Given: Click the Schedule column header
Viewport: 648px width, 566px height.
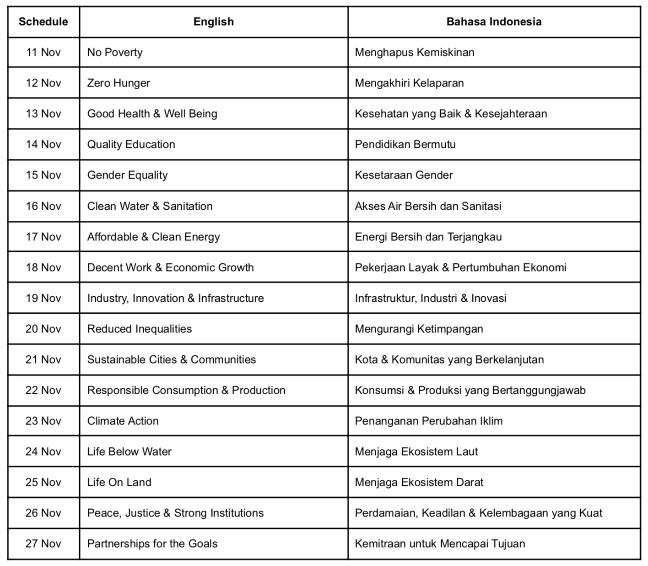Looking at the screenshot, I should (43, 22).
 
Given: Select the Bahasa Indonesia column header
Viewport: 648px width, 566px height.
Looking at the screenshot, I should (494, 22).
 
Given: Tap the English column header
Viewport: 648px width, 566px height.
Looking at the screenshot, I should (213, 22).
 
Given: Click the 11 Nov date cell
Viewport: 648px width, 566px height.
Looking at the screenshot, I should (43, 52).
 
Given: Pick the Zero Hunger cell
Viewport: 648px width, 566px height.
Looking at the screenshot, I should (119, 83).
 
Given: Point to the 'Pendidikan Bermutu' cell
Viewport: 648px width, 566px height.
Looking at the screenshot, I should (405, 144).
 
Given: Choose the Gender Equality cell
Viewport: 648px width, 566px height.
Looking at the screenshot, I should (127, 175).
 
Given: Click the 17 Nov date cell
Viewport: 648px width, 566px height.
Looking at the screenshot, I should (43, 237).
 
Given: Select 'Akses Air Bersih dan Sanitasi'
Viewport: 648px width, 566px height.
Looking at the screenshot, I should (428, 206).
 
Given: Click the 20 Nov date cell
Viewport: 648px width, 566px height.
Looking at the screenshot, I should (43, 329).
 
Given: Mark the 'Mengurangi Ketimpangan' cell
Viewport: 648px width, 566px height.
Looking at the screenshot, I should (419, 329).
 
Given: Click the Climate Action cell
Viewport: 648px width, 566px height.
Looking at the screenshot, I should (123, 421).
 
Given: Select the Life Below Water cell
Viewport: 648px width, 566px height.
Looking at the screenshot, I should (129, 452).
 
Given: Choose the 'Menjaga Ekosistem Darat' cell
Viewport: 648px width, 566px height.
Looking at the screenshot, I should (419, 482).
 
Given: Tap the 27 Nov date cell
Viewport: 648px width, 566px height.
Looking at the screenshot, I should (43, 544).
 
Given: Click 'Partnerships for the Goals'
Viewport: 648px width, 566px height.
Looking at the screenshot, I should (152, 544).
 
